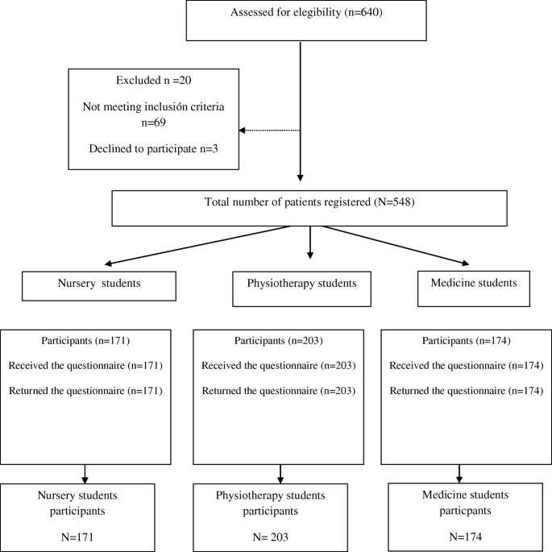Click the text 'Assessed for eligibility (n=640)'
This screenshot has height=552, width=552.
pos(301,13)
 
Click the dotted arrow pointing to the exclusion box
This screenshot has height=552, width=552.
pos(270,131)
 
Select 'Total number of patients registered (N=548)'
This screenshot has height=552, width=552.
pos(309,201)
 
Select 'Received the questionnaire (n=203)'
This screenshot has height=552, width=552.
pos(279,366)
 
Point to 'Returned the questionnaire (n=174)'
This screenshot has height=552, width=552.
pos(466,391)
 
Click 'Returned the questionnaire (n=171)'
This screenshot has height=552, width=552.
pos(85,391)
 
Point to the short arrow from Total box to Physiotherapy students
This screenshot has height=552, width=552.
pos(309,243)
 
